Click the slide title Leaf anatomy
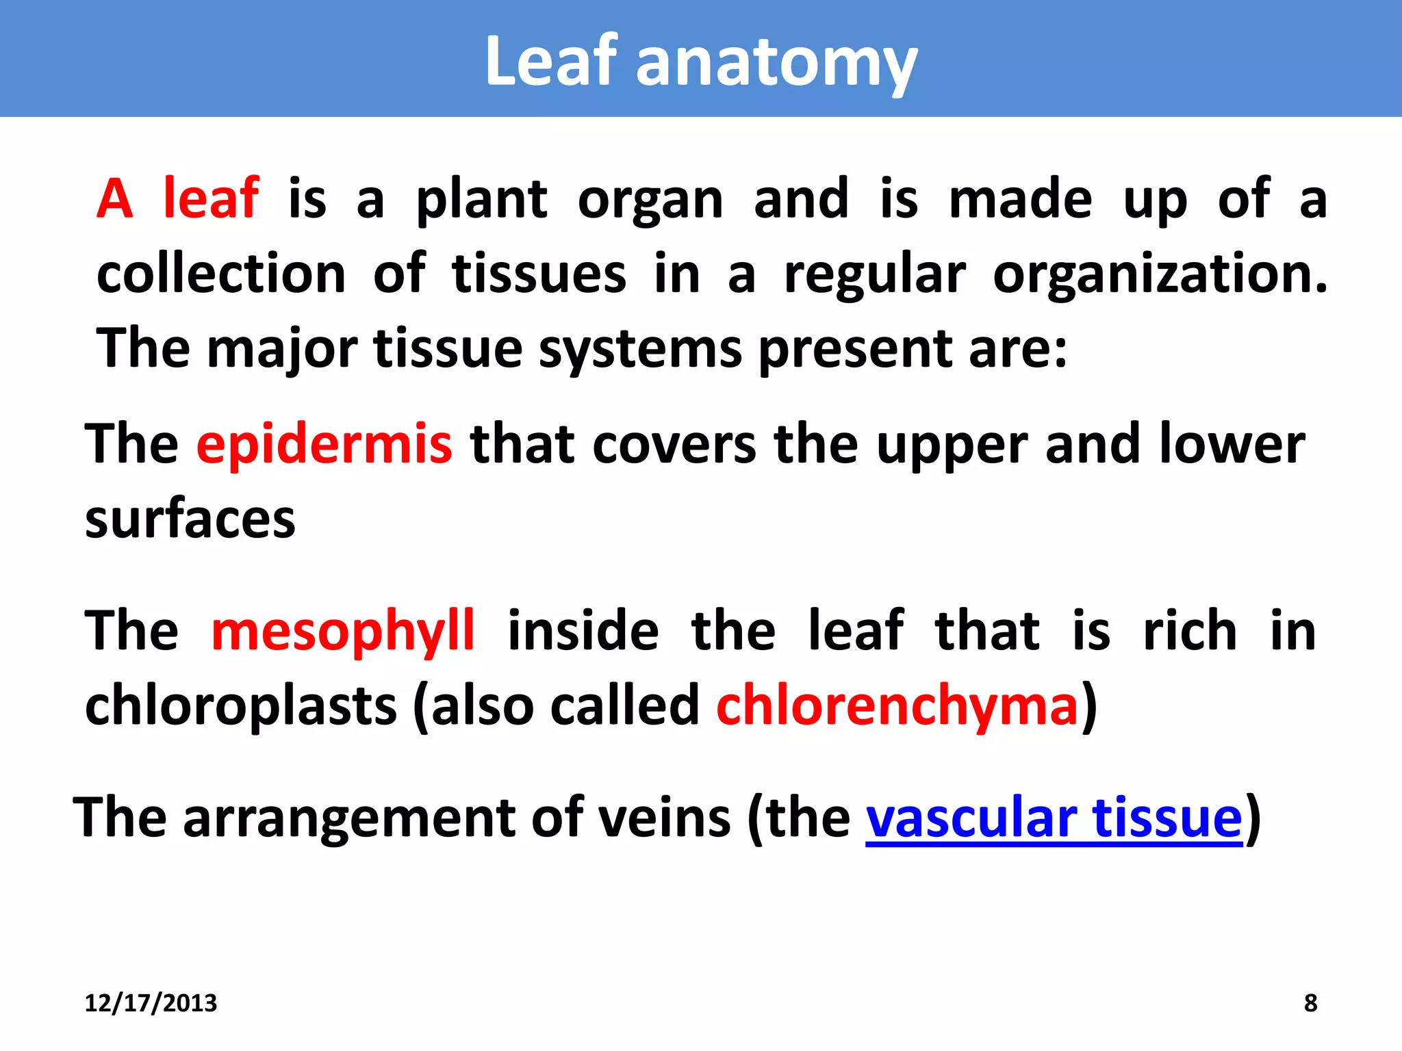[700, 62]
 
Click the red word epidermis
[324, 445]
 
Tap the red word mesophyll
[342, 631]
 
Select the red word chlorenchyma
[897, 706]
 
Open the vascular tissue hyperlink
[1054, 818]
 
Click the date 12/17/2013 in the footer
[151, 1003]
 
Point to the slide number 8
[1310, 1003]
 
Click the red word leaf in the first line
[211, 199]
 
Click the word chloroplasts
[240, 706]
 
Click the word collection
[221, 274]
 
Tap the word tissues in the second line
[539, 274]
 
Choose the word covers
[674, 445]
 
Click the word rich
[1190, 631]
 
